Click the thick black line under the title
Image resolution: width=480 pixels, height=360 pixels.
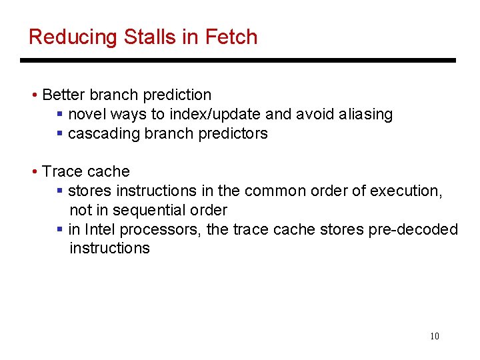(238, 61)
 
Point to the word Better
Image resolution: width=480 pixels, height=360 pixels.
(65, 95)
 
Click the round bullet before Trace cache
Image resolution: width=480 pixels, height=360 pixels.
(35, 172)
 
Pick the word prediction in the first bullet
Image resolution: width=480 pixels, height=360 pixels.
(179, 95)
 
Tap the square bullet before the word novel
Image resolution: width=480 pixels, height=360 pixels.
(60, 115)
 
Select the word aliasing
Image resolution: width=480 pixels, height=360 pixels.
(365, 115)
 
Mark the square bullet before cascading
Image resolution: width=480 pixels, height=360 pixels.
(60, 133)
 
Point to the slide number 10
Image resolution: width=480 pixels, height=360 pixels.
(435, 336)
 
